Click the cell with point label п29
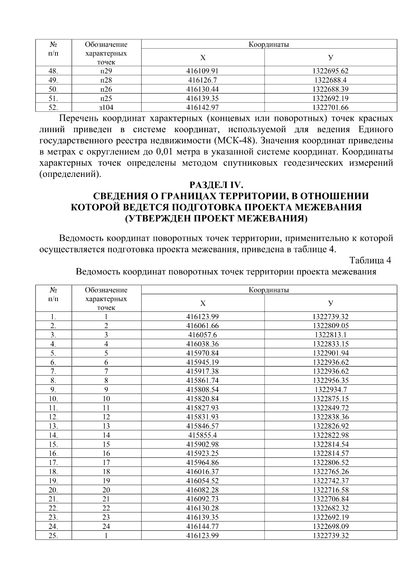point(106,71)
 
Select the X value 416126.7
point(203,81)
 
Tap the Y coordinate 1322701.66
point(330,108)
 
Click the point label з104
point(106,108)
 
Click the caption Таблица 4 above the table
point(370,260)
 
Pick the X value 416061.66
point(203,326)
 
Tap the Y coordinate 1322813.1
point(330,335)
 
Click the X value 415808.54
point(203,390)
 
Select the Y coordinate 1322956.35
point(330,381)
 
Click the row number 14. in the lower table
point(53,435)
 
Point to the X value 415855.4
point(203,435)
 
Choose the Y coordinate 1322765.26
point(330,472)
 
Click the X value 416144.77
point(203,527)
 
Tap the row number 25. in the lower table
point(53,536)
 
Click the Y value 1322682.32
point(330,508)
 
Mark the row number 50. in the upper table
point(53,89)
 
